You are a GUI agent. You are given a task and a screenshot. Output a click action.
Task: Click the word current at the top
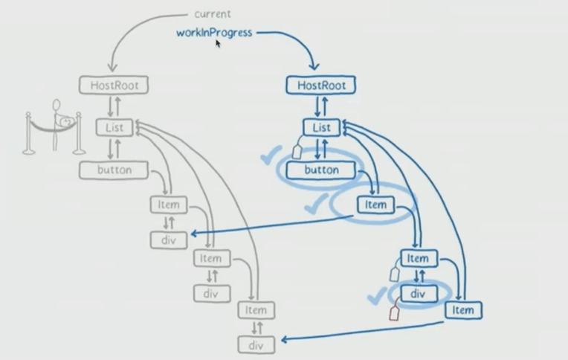pos(213,14)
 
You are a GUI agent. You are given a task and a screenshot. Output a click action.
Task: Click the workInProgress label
pos(214,33)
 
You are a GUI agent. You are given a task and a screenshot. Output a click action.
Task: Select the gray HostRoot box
pos(114,86)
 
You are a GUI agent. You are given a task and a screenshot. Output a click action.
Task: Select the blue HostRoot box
pos(321,86)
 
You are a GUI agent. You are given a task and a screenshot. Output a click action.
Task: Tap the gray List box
pos(114,128)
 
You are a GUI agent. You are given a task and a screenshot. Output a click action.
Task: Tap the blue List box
pos(321,128)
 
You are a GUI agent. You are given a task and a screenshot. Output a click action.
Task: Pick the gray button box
pos(114,170)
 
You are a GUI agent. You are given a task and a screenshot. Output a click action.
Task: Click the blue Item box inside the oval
pos(376,205)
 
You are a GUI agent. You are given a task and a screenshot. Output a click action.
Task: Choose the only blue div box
pos(418,294)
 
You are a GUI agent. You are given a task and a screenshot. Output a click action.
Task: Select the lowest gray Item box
pos(256,310)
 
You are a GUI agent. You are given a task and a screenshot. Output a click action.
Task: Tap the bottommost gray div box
pos(256,344)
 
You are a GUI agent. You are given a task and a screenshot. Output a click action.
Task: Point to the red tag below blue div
pos(395,313)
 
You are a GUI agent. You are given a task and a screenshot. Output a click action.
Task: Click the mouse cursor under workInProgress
pos(218,44)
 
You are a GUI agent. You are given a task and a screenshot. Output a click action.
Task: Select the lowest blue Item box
pos(462,310)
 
